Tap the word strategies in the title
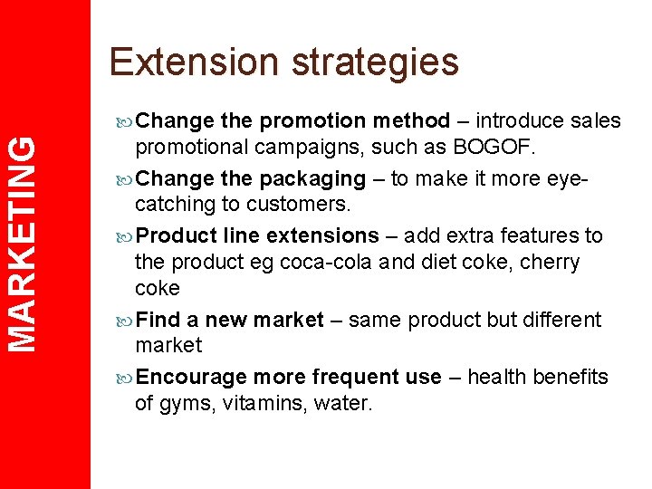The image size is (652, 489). pos(375,62)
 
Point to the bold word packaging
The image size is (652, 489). pos(312,179)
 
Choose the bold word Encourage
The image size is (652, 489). pos(192,377)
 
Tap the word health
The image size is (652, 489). pos(503,377)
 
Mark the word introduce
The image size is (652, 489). pos(522,120)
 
